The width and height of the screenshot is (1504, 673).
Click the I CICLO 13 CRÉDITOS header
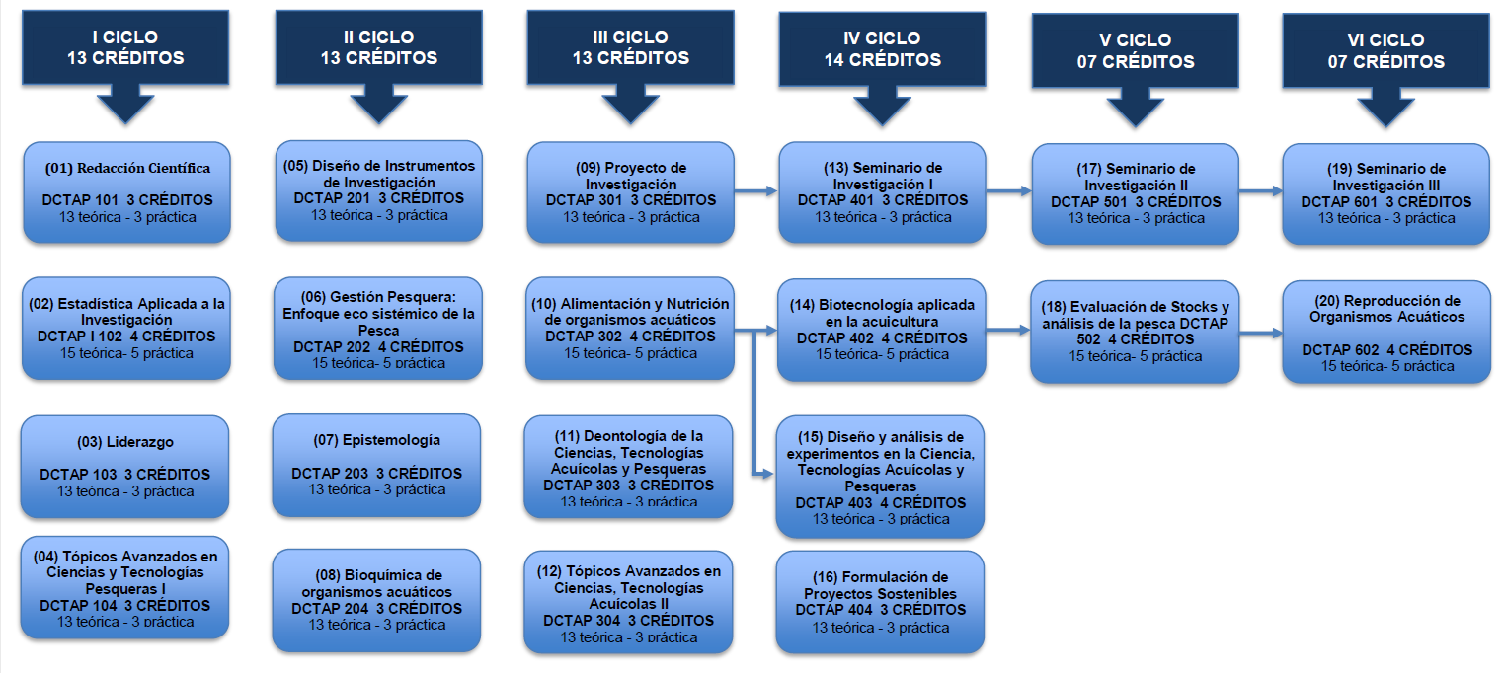click(125, 47)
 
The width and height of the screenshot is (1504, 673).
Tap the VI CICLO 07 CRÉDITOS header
click(1385, 51)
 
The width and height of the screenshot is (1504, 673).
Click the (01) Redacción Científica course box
click(126, 191)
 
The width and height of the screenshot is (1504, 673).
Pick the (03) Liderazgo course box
click(124, 466)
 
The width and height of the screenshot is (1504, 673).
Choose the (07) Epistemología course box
click(376, 464)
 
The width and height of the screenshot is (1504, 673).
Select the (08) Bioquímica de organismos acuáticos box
click(376, 600)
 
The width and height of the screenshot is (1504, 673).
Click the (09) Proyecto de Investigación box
click(630, 191)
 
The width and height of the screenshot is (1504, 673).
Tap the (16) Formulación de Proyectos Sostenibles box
click(880, 601)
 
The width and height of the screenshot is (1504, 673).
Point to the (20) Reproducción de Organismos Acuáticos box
click(1386, 332)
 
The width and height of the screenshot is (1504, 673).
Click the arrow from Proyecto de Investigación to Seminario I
click(756, 192)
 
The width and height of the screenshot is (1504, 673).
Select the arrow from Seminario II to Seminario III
click(1261, 192)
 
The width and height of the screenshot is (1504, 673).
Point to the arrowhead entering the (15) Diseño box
click(768, 474)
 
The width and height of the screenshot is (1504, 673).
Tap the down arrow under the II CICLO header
click(378, 103)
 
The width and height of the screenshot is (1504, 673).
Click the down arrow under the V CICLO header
click(1135, 106)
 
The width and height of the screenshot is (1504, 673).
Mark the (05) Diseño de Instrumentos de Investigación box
click(378, 190)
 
